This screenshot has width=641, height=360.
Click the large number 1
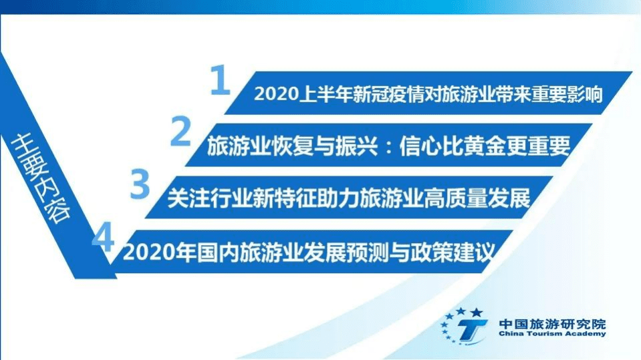click(x=220, y=81)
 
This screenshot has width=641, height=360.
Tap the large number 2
click(x=180, y=132)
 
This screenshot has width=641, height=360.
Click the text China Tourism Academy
click(x=552, y=334)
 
